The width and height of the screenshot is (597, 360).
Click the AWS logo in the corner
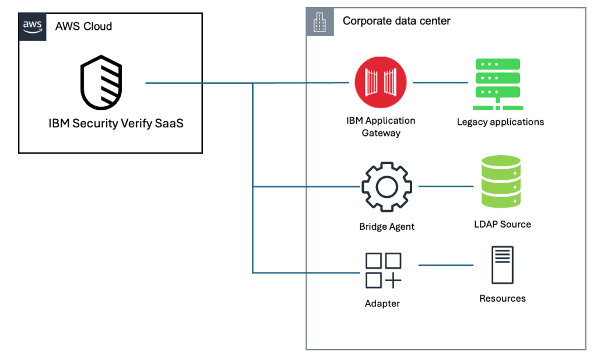point(32,26)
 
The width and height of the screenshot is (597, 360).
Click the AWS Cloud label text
point(83,26)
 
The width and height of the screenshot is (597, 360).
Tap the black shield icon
point(101,83)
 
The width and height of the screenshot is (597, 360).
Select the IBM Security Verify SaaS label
point(115,124)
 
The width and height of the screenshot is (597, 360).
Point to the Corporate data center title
point(396,21)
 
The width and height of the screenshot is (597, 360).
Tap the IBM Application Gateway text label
point(381,127)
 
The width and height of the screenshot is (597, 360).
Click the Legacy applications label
point(500,122)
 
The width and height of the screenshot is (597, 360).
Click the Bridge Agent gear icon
point(387,187)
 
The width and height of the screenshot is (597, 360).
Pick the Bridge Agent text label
point(387,226)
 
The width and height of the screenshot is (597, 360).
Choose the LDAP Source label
point(502,224)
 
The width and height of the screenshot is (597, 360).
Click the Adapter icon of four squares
point(383,270)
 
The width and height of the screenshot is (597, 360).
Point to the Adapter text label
point(382,303)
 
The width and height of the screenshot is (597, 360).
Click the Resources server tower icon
point(502,265)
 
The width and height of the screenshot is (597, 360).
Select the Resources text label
point(502,298)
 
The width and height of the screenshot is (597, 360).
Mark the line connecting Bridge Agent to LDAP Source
point(446,187)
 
